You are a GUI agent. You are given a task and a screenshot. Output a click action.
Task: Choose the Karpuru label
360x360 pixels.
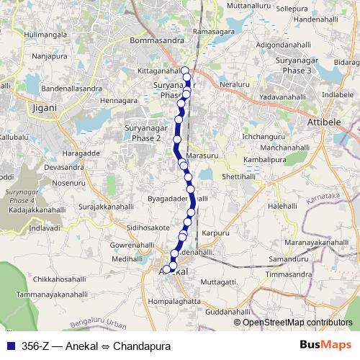click(x=215, y=233)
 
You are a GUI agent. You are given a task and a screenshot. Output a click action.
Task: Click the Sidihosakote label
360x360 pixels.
click(x=148, y=227)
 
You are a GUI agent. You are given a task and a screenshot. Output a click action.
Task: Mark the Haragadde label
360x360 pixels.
click(x=79, y=153)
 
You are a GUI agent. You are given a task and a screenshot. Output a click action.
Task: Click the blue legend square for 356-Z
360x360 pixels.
click(x=9, y=346)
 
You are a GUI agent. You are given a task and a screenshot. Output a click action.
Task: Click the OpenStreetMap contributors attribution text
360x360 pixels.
click(x=298, y=322)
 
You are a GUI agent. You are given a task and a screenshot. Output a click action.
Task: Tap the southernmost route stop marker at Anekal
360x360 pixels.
click(x=166, y=269)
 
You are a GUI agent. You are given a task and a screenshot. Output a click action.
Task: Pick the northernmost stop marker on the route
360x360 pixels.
click(x=185, y=71)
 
